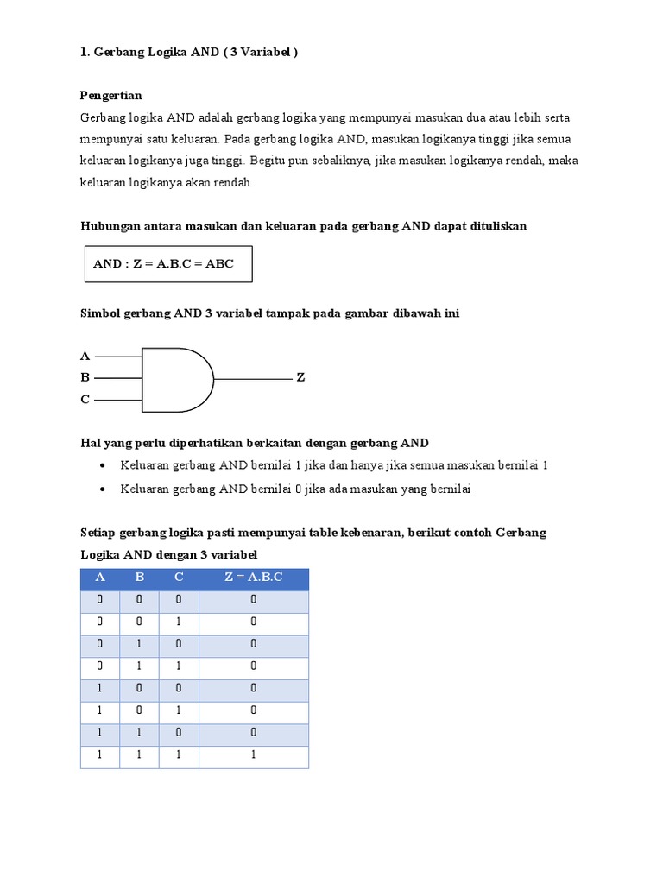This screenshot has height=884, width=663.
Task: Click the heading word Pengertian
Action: (x=110, y=95)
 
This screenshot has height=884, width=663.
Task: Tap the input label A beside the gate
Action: (x=85, y=356)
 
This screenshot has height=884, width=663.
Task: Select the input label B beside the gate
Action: (x=85, y=377)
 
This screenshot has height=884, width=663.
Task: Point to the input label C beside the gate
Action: (x=85, y=399)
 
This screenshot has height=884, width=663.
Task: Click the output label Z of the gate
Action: (x=301, y=378)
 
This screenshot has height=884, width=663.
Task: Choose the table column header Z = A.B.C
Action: (x=253, y=577)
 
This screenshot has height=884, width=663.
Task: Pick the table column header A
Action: (x=100, y=577)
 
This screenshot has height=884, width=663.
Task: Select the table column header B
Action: (x=139, y=577)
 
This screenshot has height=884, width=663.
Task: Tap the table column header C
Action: (x=179, y=577)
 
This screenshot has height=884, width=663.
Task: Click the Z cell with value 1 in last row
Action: (x=253, y=755)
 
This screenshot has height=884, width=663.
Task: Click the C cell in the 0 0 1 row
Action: (x=179, y=622)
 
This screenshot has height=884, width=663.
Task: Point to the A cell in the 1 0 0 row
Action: (x=100, y=689)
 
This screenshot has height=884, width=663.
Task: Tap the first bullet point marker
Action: (x=103, y=465)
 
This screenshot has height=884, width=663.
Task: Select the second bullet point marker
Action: (x=103, y=489)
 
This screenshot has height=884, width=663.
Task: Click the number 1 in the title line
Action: (x=84, y=52)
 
